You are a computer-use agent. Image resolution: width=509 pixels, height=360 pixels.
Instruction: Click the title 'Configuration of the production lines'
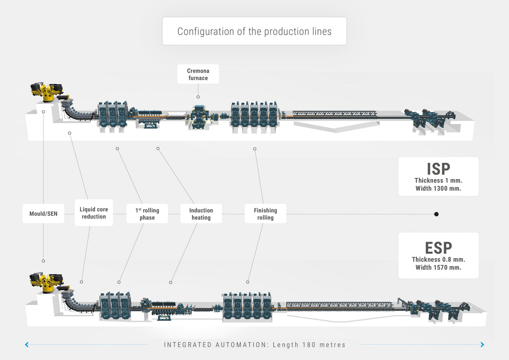tap(254, 31)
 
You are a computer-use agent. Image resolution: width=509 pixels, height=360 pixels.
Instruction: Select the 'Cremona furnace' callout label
tap(198, 74)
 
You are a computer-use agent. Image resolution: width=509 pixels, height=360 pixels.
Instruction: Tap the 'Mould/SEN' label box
tap(43, 214)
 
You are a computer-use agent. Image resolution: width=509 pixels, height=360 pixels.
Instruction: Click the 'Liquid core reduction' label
tap(94, 213)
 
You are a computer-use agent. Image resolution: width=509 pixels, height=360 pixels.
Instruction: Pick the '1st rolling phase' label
tap(147, 214)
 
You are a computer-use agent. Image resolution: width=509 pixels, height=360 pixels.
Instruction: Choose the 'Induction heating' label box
tap(201, 214)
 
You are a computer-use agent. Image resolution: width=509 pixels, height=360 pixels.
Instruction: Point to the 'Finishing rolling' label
tap(265, 214)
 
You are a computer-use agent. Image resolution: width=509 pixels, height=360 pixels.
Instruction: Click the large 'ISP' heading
tap(438, 169)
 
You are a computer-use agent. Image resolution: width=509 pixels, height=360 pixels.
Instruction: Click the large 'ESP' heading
tap(438, 248)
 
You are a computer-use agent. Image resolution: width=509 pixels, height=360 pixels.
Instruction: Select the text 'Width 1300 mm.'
tap(438, 188)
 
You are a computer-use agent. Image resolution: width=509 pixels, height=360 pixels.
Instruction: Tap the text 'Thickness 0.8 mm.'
tap(438, 260)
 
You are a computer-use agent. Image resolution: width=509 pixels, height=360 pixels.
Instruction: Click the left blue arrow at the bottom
tap(27, 344)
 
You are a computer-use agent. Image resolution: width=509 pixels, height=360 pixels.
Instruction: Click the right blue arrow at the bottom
tap(482, 344)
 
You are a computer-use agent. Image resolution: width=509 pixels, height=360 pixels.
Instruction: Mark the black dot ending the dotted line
tap(436, 214)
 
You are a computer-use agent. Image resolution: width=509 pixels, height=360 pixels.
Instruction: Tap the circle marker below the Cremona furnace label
tap(198, 97)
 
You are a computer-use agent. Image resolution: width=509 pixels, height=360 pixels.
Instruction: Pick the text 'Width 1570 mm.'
tap(438, 268)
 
